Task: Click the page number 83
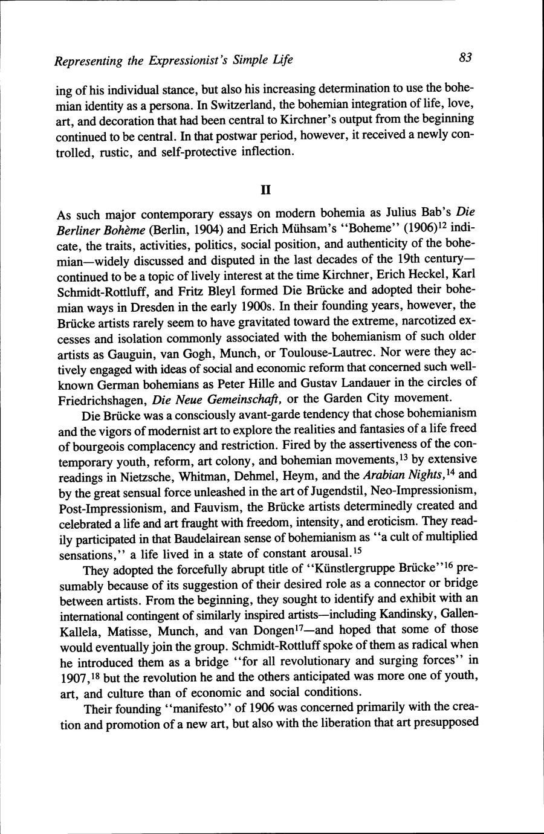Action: click(465, 57)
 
